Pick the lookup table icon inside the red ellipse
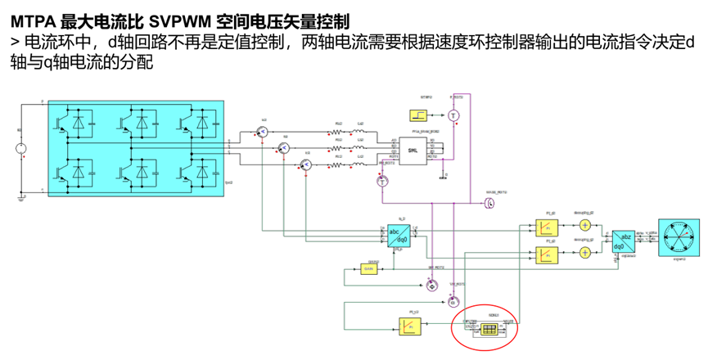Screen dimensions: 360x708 click(x=489, y=330)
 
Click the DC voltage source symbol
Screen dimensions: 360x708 click(x=20, y=148)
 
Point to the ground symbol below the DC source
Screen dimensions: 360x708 click(x=20, y=196)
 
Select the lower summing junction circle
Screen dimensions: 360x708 click(x=584, y=254)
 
